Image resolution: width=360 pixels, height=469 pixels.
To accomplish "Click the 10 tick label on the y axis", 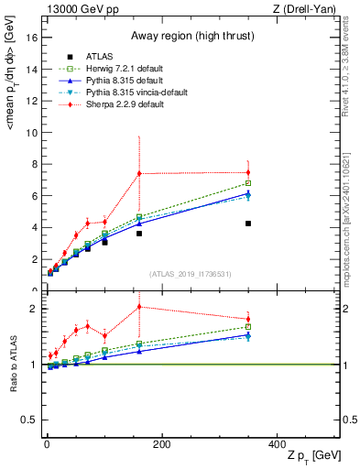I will point(31,133).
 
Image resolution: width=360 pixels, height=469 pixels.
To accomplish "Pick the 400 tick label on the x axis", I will point(277,444).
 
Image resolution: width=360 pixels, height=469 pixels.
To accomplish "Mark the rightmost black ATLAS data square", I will point(248,224).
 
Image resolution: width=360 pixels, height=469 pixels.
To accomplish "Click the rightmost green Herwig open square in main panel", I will point(248,183).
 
